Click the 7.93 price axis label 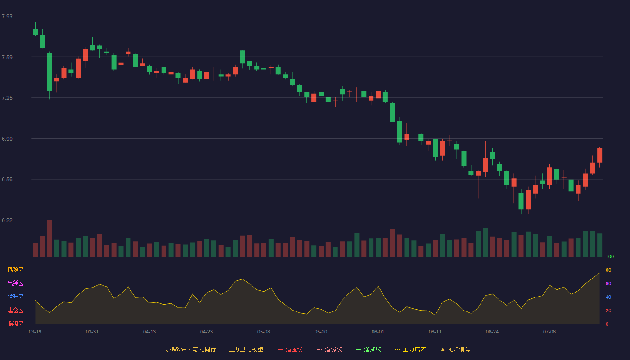[7, 17]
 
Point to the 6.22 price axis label [7, 220]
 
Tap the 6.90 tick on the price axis [7, 139]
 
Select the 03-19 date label [35, 332]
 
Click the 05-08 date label [264, 332]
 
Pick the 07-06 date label [549, 332]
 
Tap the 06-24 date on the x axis [492, 332]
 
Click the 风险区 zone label [15, 270]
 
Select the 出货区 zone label [15, 283]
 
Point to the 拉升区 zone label [15, 297]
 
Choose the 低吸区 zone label [15, 324]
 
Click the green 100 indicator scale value [610, 256]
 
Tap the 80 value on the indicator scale [608, 270]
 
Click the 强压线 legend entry [290, 349]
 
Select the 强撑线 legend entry [369, 349]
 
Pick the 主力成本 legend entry [410, 349]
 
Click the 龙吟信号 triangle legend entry [455, 349]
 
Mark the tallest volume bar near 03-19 [49, 238]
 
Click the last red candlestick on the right [599, 156]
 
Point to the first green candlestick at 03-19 [35, 32]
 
